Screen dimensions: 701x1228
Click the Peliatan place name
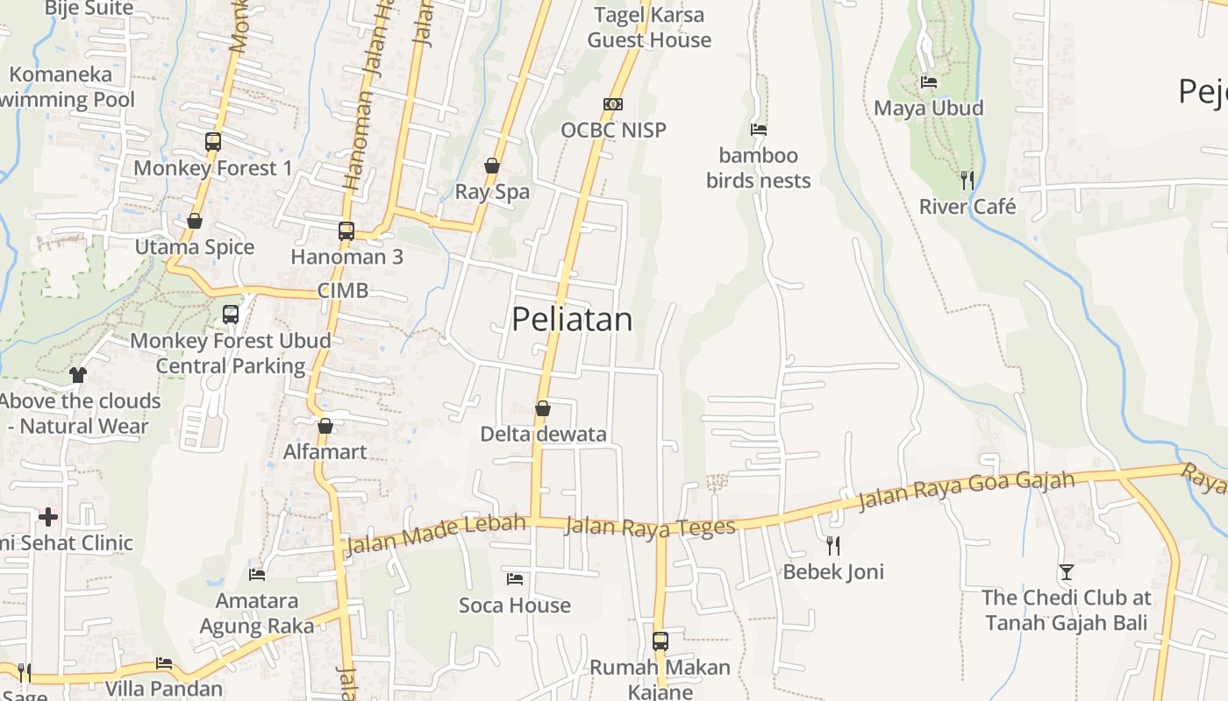tap(572, 319)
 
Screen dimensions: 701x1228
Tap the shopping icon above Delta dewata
tap(543, 408)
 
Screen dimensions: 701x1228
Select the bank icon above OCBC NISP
tap(613, 104)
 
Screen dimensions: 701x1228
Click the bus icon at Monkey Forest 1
tap(212, 141)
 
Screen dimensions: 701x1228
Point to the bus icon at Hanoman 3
tap(346, 231)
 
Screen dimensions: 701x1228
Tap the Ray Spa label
tap(492, 192)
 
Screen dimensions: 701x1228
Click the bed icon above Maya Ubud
tap(929, 82)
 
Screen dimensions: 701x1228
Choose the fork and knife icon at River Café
tap(967, 181)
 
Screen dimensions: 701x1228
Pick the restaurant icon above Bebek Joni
tap(833, 546)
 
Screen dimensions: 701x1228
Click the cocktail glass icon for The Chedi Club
tap(1066, 572)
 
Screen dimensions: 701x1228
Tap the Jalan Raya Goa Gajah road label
tap(966, 491)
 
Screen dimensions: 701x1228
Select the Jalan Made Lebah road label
tap(436, 534)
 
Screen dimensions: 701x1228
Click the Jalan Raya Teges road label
tap(649, 528)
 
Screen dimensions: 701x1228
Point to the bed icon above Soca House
tap(515, 579)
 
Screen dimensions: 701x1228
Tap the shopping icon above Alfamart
tap(325, 426)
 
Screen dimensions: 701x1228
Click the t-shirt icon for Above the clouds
tap(78, 375)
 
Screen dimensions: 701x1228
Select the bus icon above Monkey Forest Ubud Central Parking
tap(231, 314)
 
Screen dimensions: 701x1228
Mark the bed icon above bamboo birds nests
tap(759, 130)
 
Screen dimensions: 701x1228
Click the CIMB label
tap(343, 291)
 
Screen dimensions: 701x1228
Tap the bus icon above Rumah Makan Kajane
tap(660, 641)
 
